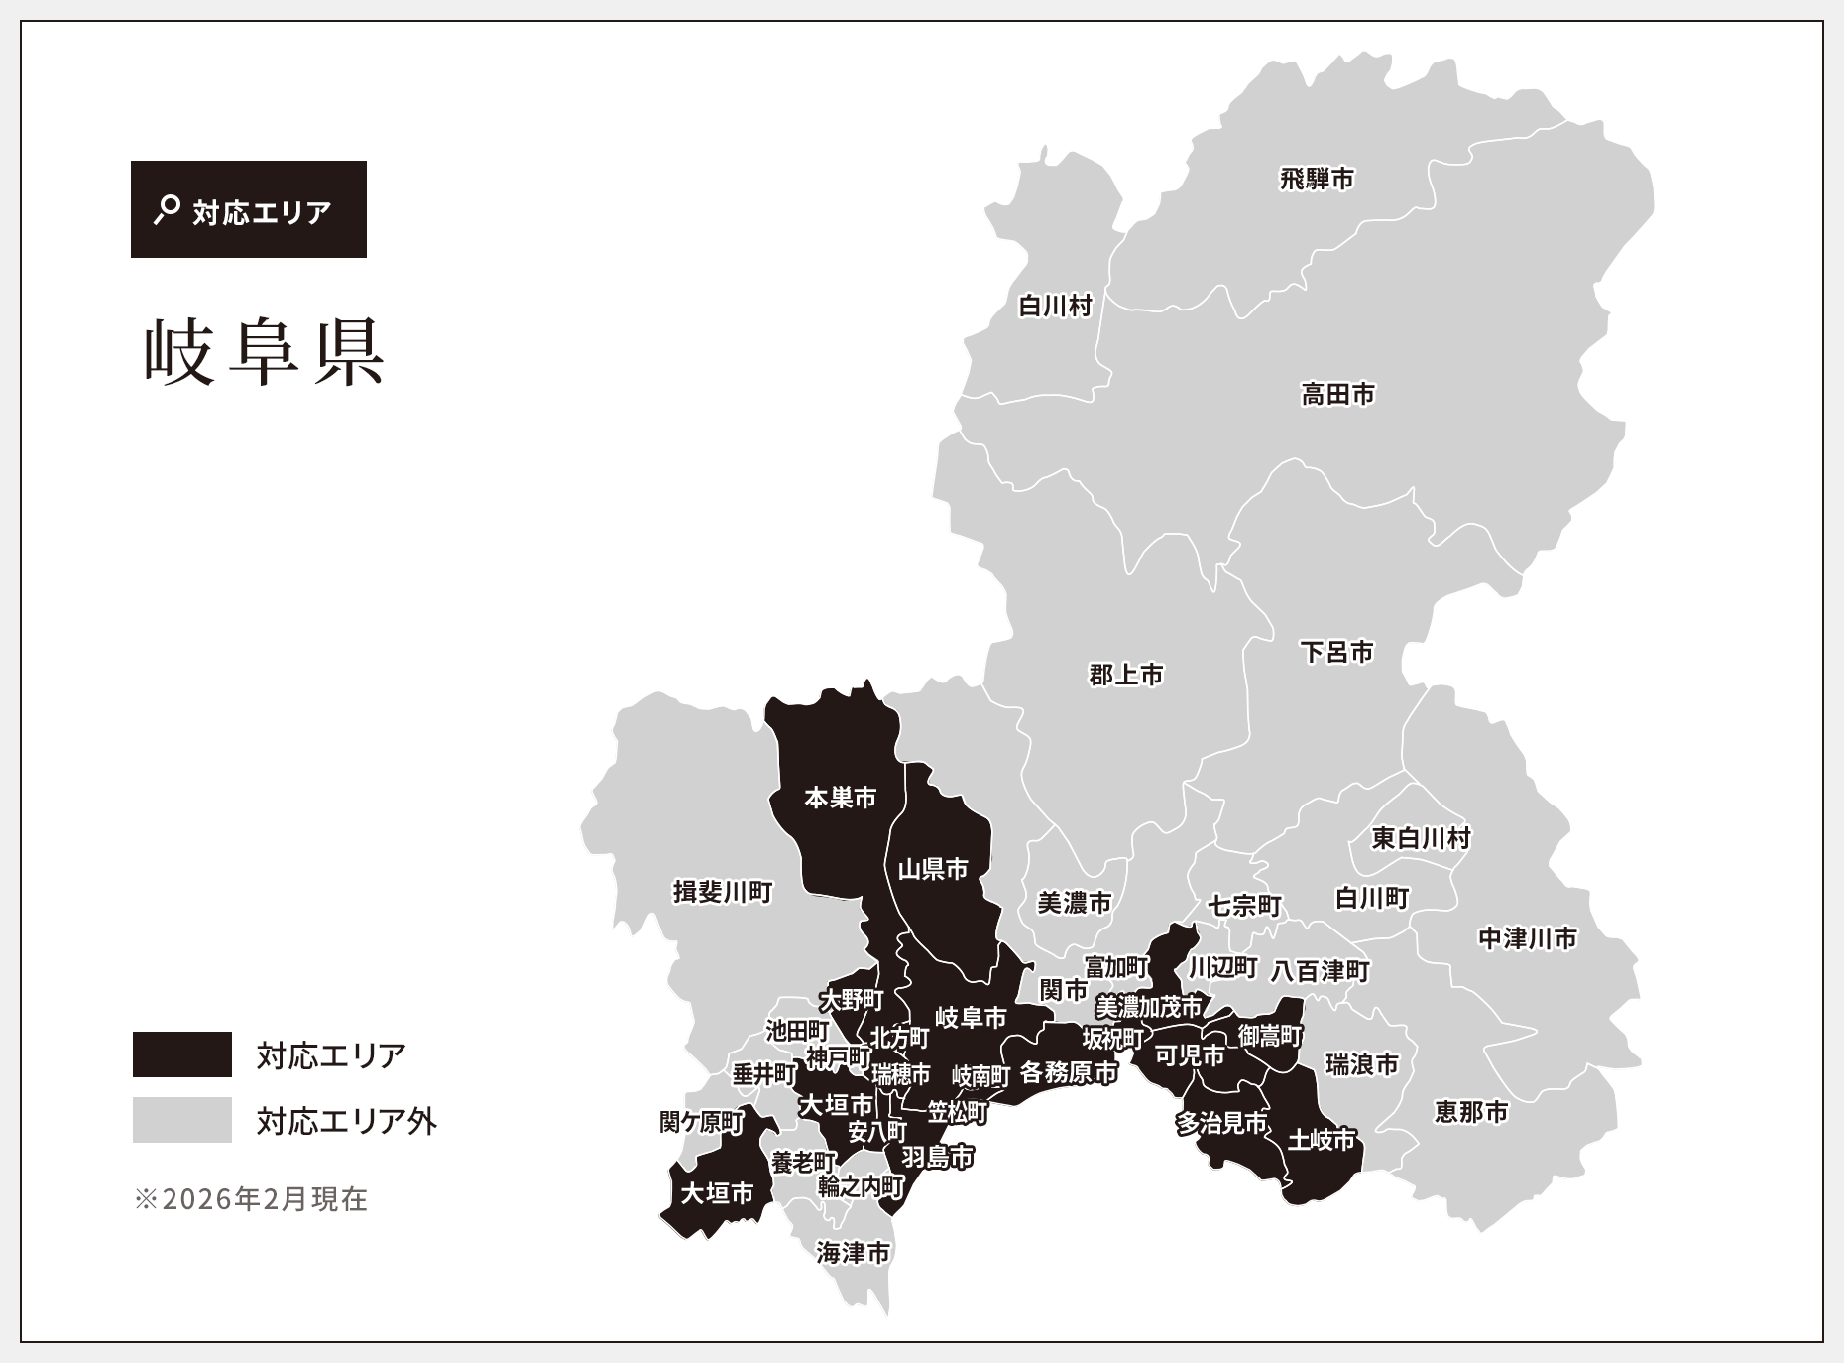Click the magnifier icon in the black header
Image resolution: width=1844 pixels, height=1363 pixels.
(167, 209)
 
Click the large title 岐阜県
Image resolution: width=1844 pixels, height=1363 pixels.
(264, 352)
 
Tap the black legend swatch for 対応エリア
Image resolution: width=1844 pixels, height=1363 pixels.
(182, 1054)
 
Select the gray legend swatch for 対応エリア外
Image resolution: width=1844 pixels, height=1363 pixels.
(182, 1120)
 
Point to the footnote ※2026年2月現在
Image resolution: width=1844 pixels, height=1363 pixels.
(250, 1199)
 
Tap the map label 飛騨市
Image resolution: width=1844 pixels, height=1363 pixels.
(1317, 180)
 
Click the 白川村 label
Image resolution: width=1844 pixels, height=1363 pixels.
(1055, 306)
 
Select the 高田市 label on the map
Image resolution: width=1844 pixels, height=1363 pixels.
(1338, 395)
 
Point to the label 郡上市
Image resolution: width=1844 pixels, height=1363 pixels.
(1126, 676)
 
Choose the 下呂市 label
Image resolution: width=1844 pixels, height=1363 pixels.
(1336, 652)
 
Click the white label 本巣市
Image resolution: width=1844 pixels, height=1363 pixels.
(841, 798)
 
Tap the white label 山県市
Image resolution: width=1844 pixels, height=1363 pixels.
(933, 870)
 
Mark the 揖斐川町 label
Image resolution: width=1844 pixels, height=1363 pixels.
(723, 892)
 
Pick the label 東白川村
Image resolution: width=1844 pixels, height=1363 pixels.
(1421, 839)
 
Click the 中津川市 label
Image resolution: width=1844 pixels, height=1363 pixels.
(1527, 938)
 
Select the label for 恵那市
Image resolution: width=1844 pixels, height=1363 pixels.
(1471, 1112)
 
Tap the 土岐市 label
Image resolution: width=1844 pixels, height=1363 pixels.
(1321, 1140)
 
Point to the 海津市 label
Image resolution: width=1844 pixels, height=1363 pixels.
(854, 1254)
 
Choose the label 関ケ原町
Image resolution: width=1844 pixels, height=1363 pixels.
(702, 1122)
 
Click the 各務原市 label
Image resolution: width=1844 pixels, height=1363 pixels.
(1069, 1072)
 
